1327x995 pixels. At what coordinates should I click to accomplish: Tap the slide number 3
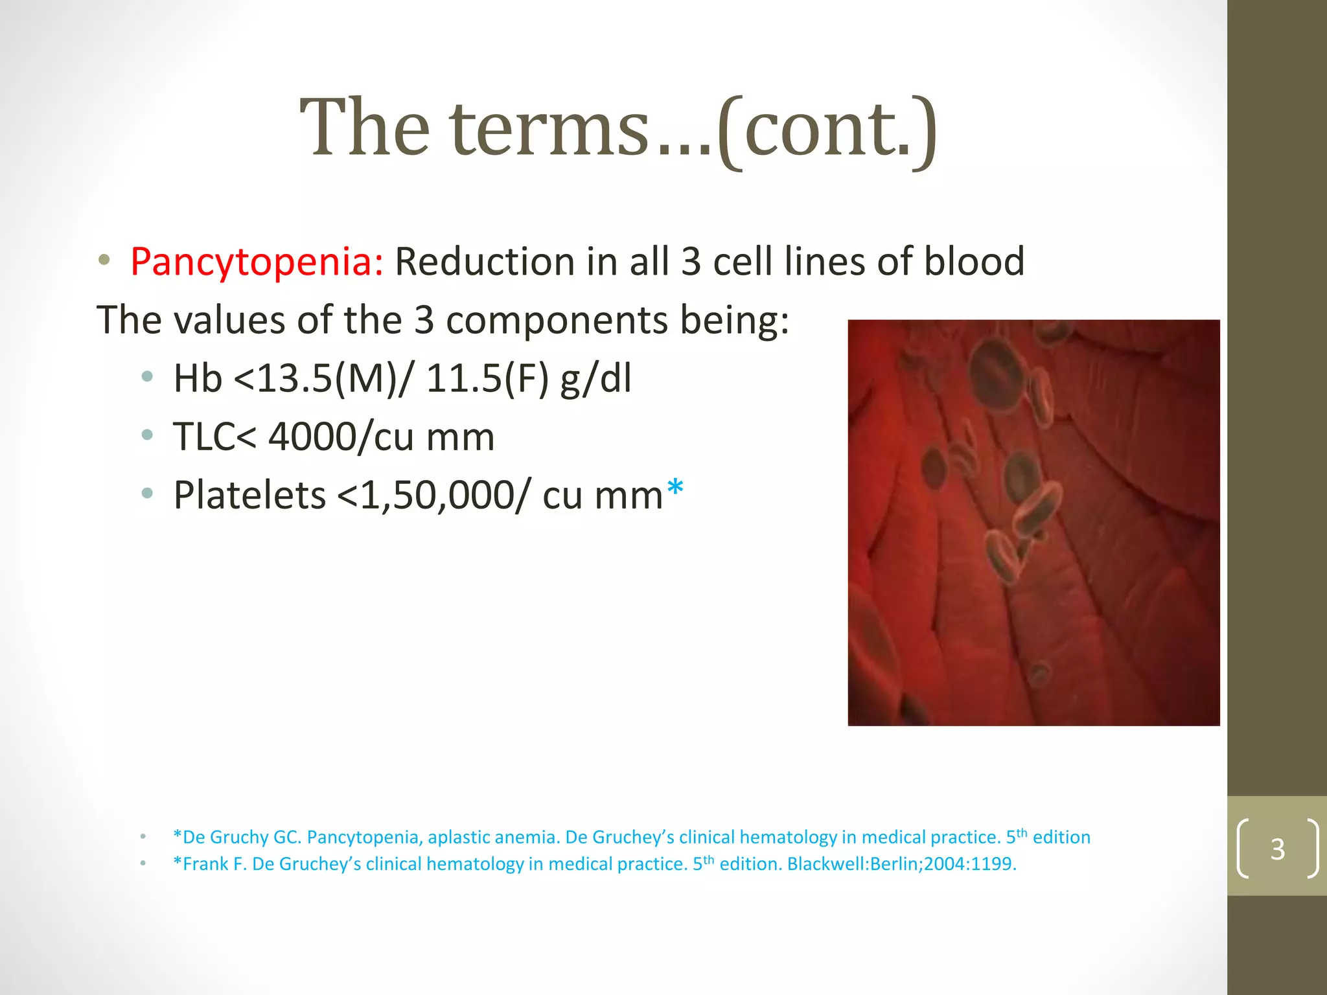tap(1277, 849)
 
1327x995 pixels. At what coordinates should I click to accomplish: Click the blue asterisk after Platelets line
tap(675, 487)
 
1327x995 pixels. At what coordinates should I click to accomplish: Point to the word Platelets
tap(249, 496)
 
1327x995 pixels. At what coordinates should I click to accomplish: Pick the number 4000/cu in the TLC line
tap(341, 437)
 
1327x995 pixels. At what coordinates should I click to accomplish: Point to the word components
tap(557, 321)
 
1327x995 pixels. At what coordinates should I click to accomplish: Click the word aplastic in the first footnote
tap(460, 838)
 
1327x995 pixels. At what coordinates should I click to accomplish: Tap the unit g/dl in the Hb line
tap(595, 378)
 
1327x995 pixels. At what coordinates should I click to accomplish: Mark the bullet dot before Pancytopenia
tap(104, 261)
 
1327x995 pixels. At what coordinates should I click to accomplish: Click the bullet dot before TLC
tap(147, 435)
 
